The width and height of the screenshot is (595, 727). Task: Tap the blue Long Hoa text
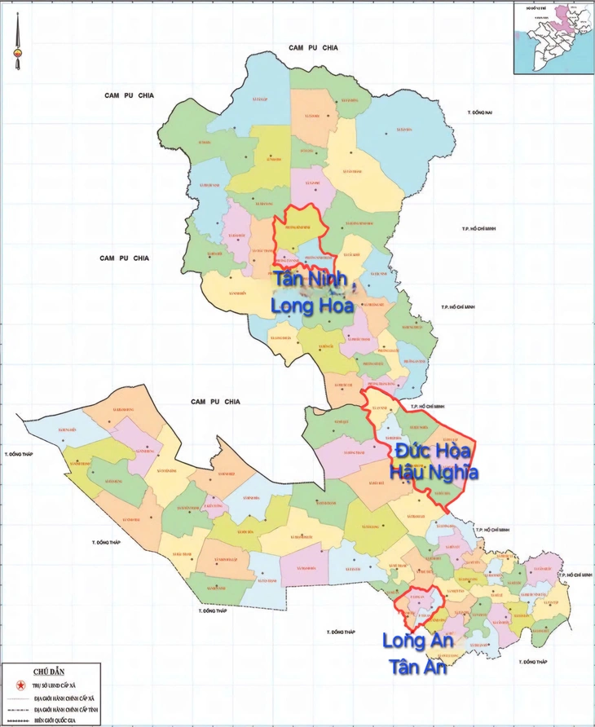point(312,306)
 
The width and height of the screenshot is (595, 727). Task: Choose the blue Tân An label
point(419,667)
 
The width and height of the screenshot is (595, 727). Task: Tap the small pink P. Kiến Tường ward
point(214,506)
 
